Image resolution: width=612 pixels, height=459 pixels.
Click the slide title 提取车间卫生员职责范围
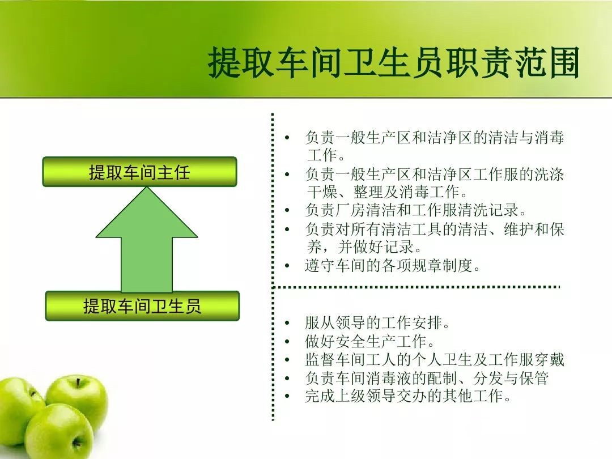click(x=393, y=62)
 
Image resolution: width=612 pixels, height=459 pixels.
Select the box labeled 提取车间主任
click(x=139, y=172)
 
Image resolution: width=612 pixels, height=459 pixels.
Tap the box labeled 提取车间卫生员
click(x=142, y=306)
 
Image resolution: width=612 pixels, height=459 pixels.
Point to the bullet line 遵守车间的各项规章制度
click(x=393, y=266)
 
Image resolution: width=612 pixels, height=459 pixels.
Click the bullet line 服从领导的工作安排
click(x=378, y=323)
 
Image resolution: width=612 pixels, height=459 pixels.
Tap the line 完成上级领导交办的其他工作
click(x=408, y=396)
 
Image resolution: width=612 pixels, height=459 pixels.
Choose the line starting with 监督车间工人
click(x=435, y=359)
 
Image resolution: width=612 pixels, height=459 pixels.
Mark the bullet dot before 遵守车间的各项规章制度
click(x=287, y=266)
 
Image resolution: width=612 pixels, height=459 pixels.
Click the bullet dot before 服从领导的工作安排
click(x=287, y=323)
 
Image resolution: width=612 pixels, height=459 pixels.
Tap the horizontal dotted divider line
click(x=416, y=287)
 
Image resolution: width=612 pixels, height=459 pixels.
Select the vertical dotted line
click(x=273, y=267)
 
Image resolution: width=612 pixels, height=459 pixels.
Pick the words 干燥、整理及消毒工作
click(x=388, y=192)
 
